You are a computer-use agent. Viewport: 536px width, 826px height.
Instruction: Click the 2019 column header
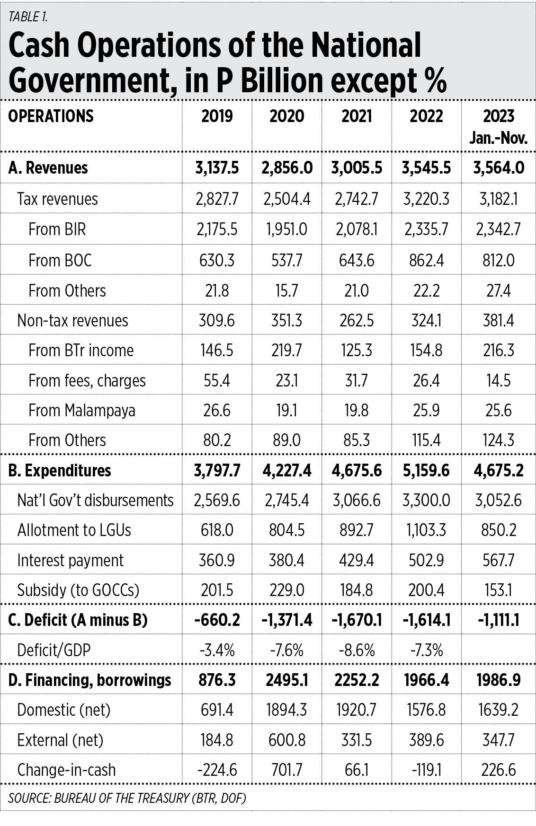(217, 116)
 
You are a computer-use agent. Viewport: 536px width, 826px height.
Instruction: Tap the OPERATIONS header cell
(51, 116)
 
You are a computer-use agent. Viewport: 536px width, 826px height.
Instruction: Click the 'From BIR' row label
(57, 229)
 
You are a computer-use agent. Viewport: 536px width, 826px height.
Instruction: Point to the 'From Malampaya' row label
(82, 410)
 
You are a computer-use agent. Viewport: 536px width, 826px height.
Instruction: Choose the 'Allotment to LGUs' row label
(74, 530)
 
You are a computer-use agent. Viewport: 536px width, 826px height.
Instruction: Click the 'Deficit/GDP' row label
(54, 650)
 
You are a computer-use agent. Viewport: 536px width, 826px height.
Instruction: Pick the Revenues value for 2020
(287, 168)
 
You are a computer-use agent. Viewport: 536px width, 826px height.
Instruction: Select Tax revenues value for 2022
(426, 199)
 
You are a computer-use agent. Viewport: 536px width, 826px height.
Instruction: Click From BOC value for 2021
(357, 260)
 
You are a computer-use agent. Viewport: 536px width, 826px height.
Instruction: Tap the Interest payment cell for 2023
(499, 560)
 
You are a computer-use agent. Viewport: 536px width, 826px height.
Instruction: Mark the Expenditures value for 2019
(217, 471)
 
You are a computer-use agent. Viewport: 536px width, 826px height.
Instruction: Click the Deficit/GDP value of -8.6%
(357, 650)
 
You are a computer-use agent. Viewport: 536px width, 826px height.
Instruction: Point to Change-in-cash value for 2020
(287, 770)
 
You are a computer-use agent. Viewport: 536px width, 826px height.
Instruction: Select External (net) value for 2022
(426, 740)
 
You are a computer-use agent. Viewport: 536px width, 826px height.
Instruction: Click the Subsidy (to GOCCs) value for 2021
(357, 590)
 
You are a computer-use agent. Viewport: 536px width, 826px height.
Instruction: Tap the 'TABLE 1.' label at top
(28, 17)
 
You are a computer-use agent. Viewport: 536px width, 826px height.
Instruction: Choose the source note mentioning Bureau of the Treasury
(127, 798)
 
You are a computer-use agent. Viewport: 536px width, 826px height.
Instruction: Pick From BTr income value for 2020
(287, 351)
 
